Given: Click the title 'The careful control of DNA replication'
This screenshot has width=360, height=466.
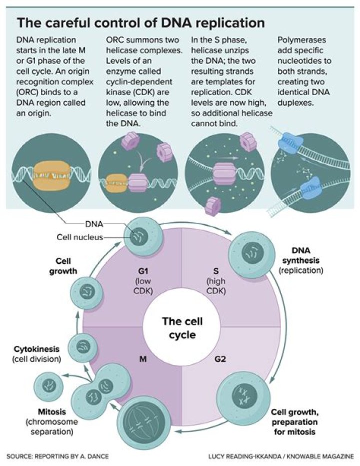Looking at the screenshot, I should pyautogui.click(x=140, y=24).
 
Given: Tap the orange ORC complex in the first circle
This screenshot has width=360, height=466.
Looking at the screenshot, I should pyautogui.click(x=49, y=173).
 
